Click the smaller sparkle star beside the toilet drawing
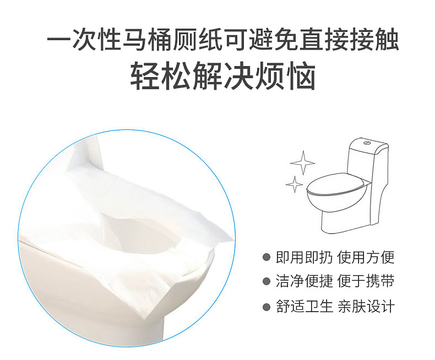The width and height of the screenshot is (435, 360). pyautogui.click(x=295, y=184)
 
